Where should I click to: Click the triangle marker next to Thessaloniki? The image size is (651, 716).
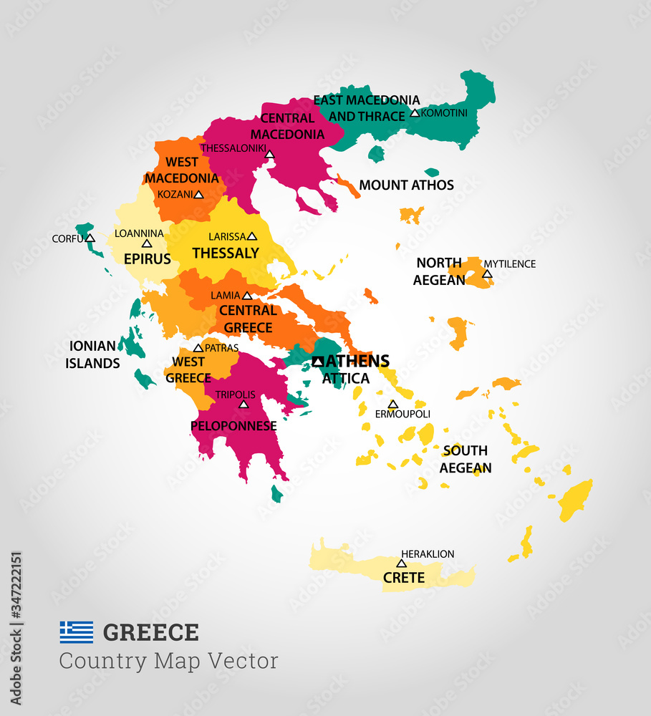tap(269, 154)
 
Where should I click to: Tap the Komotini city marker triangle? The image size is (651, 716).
tap(414, 113)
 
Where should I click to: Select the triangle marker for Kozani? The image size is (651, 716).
tap(198, 195)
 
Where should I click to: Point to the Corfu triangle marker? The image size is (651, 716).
tap(90, 238)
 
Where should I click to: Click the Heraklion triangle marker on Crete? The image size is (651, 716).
tap(401, 563)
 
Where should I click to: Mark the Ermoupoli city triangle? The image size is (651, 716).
tap(392, 405)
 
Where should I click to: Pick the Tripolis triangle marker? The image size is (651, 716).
tap(243, 405)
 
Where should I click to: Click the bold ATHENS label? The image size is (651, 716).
tap(357, 361)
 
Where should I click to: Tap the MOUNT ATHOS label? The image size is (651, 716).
tap(406, 185)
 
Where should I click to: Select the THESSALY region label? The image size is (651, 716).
tap(226, 253)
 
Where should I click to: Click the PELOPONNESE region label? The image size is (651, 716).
tap(233, 426)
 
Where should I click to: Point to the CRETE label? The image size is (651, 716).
tap(404, 578)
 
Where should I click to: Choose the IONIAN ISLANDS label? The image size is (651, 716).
tap(92, 354)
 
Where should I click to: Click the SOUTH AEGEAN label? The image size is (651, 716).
tap(466, 459)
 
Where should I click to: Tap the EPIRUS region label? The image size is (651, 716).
tap(147, 259)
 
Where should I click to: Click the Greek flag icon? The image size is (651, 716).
tap(76, 632)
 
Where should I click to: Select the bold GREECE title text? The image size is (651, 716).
tap(151, 633)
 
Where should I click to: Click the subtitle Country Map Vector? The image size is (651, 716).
tap(168, 661)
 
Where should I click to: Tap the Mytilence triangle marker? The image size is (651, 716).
tap(487, 274)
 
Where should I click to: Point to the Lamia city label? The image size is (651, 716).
tap(225, 296)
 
